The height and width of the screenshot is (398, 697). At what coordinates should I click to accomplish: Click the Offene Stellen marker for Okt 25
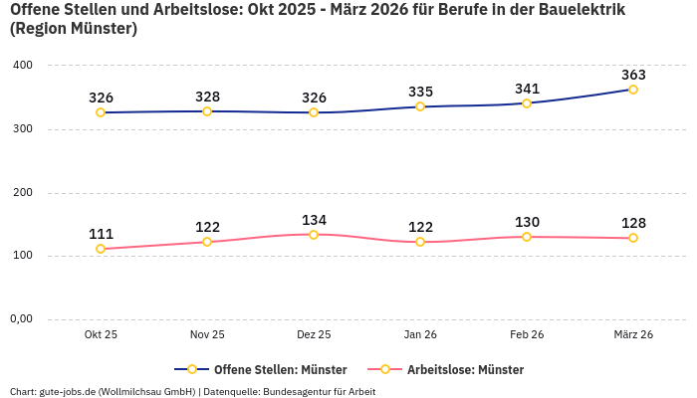101,112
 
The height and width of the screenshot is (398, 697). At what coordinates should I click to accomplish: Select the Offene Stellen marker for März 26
633,90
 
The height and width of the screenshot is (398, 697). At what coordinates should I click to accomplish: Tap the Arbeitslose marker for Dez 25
314,235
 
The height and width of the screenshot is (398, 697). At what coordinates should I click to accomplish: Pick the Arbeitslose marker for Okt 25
101,249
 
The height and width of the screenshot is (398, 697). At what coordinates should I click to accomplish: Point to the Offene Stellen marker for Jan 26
420,106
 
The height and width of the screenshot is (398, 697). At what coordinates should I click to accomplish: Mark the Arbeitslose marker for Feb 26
527,237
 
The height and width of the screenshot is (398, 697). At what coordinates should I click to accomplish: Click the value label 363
633,75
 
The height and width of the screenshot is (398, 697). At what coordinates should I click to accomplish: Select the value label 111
101,234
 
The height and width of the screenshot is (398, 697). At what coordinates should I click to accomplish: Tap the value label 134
314,220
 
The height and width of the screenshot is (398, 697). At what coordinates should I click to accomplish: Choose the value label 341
527,89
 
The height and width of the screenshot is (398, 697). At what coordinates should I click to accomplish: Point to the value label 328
207,97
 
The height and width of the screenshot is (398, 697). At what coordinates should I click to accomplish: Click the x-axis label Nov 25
207,335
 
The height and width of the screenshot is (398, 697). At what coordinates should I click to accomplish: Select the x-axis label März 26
633,335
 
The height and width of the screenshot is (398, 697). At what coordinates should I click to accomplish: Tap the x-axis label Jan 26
420,335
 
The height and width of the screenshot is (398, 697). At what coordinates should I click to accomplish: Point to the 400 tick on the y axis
22,66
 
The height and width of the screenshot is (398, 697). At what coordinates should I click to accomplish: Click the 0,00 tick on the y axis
21,319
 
